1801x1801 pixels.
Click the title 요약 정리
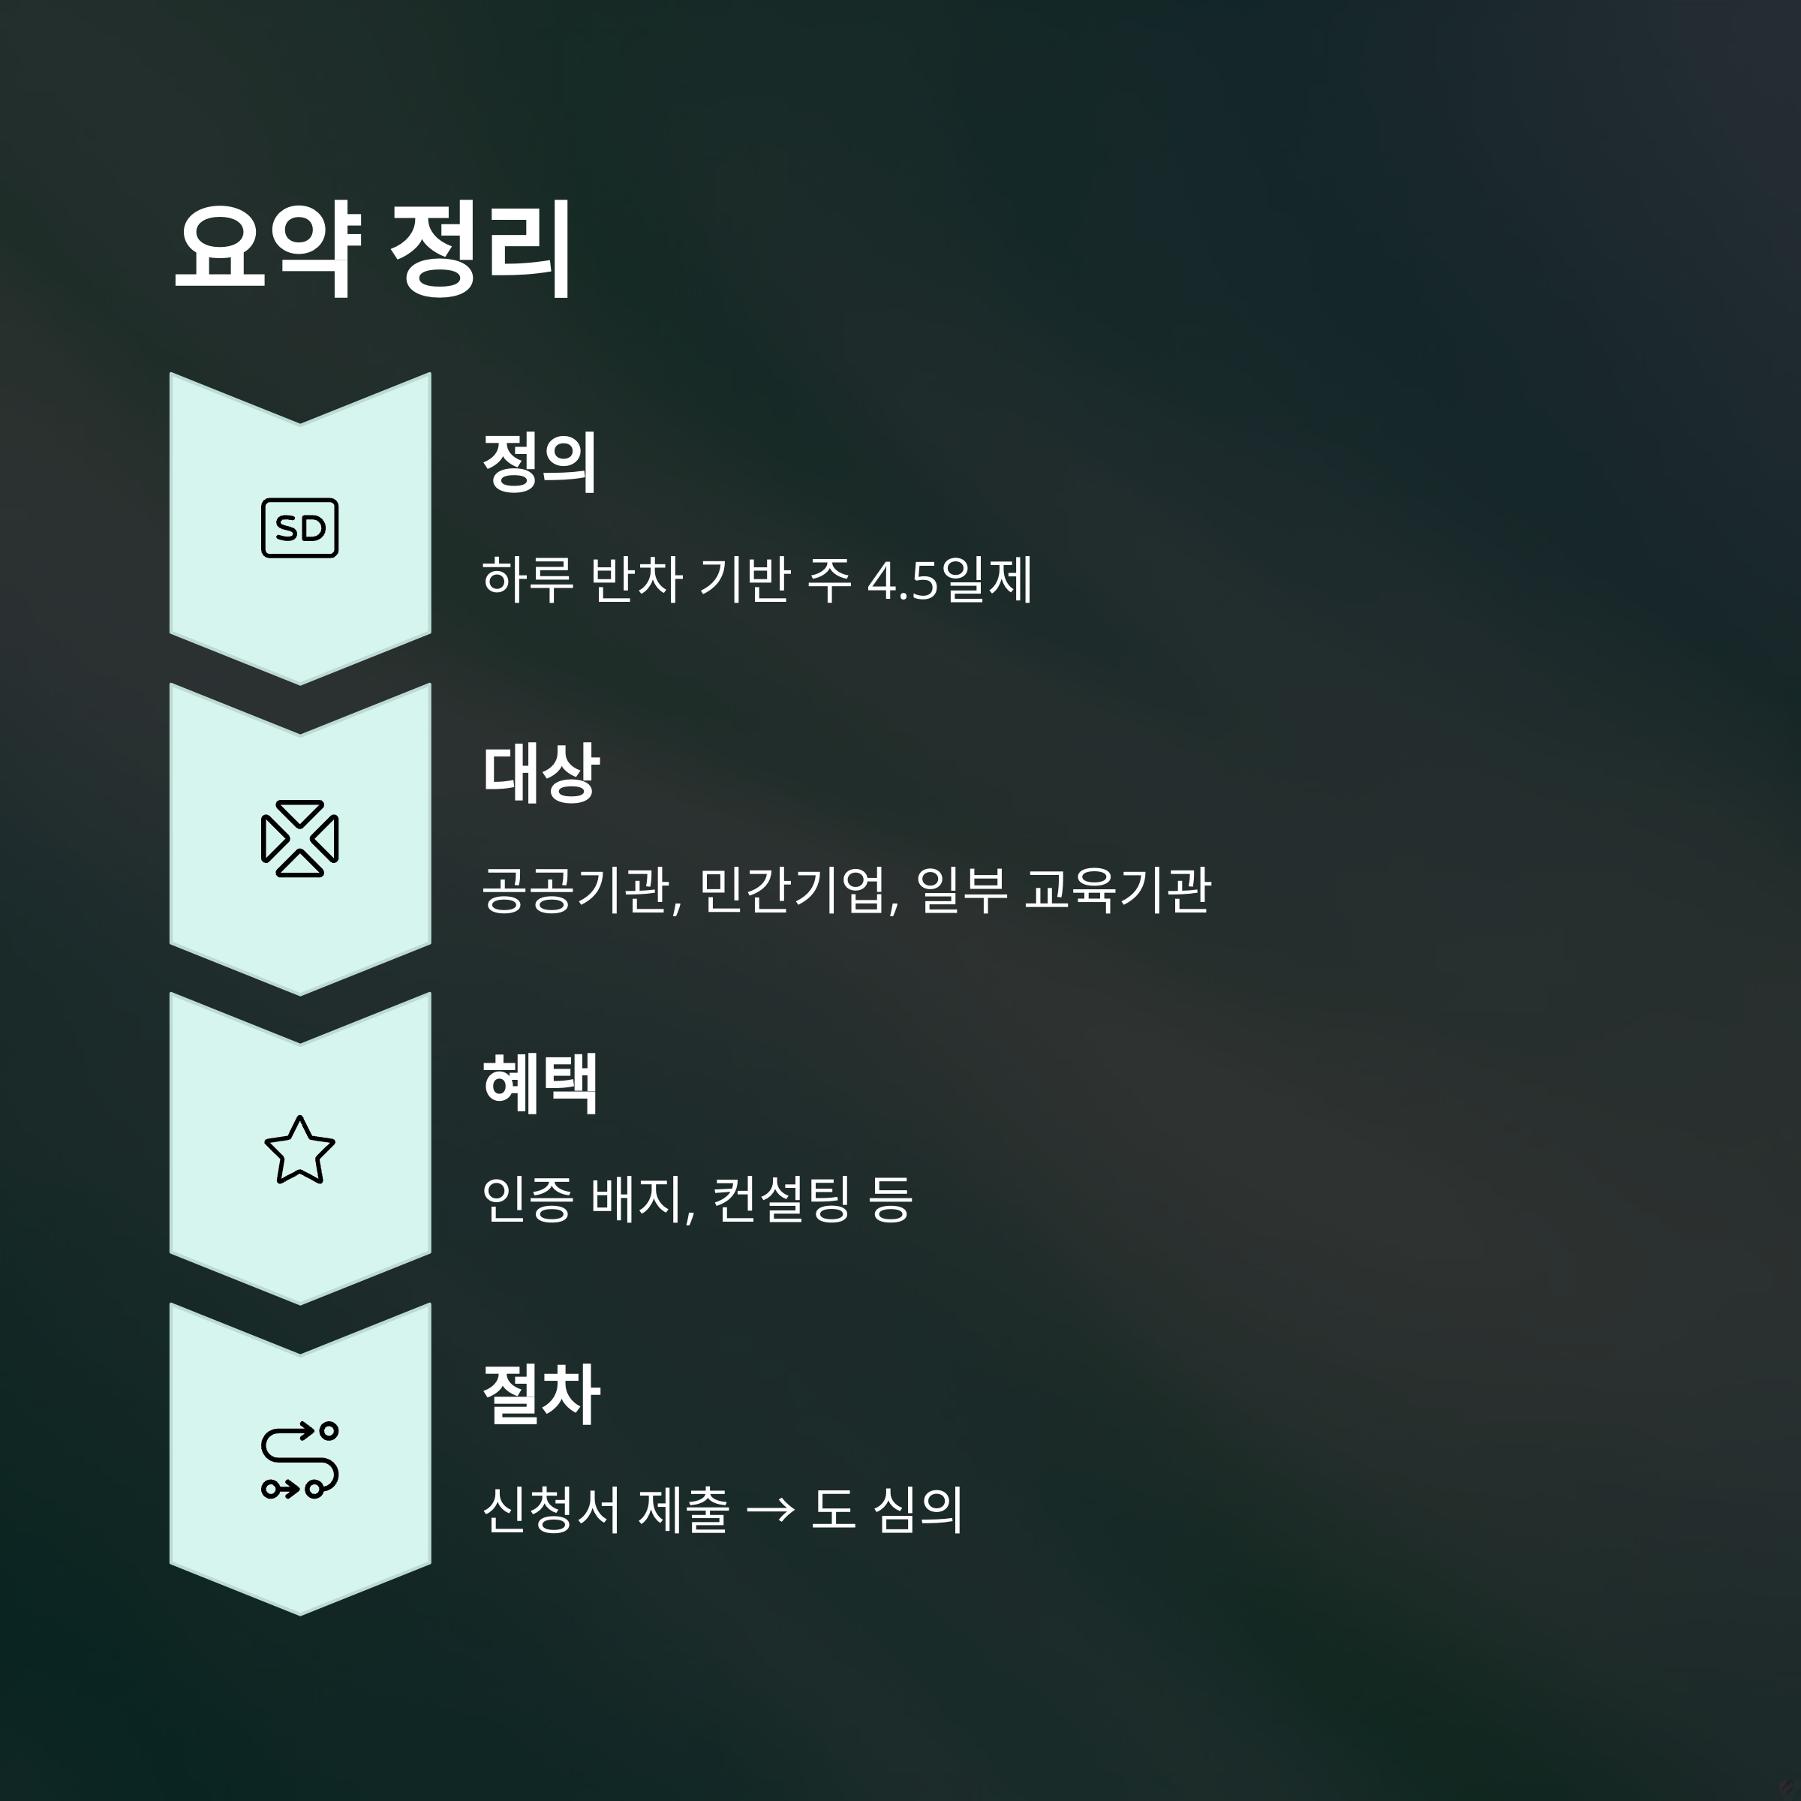coord(373,249)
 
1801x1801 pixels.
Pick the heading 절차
coord(540,1394)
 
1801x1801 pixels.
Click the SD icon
coord(299,528)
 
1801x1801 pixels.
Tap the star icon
coord(299,1150)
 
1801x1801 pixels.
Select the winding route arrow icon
coord(299,1460)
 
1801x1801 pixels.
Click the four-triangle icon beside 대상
coord(299,838)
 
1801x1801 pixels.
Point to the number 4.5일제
coord(949,580)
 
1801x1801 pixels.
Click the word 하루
coord(528,580)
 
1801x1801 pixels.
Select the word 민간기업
coord(798,890)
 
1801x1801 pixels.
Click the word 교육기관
coord(1117,890)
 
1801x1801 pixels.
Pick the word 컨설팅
coord(781,1200)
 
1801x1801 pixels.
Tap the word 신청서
coord(551,1509)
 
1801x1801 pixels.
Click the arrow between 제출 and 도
coord(771,1510)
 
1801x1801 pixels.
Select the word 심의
coord(919,1509)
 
